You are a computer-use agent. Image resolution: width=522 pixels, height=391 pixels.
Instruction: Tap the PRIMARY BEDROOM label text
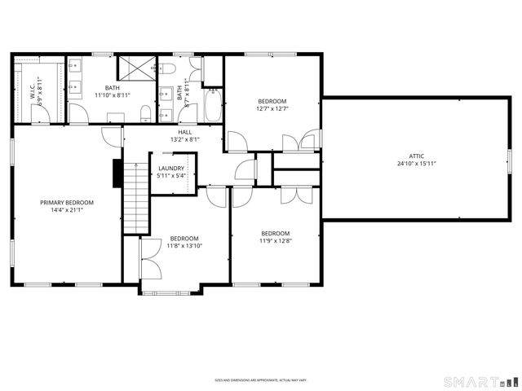point(68,202)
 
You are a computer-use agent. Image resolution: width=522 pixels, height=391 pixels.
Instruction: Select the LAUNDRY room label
point(171,169)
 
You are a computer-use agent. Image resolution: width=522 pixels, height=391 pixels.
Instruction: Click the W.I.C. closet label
point(33,90)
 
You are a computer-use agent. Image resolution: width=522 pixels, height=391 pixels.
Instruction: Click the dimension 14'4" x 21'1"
point(68,210)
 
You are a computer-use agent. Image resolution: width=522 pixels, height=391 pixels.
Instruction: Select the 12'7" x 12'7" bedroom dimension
point(272,110)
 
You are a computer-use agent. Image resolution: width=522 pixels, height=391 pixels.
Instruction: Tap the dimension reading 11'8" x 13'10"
point(184,245)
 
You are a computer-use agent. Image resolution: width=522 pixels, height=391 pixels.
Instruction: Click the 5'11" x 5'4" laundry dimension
point(171,176)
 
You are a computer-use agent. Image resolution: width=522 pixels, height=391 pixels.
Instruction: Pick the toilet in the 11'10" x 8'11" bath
point(144,112)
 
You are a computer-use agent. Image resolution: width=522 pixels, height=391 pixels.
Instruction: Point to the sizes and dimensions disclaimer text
point(260,380)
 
